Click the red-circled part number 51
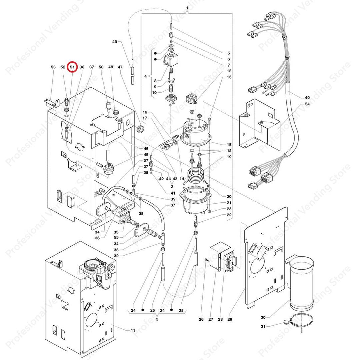[72, 67]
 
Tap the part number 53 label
[53, 67]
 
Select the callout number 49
[115, 42]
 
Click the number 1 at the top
[187, 8]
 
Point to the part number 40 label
[307, 98]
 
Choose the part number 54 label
[307, 105]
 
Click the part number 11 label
[133, 330]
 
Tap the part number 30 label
[263, 317]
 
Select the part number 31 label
[263, 326]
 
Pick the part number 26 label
[201, 320]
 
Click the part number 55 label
[116, 238]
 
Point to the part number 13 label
[229, 77]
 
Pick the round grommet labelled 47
[140, 129]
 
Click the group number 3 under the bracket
[157, 319]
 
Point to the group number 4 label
[145, 76]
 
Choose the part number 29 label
[229, 320]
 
